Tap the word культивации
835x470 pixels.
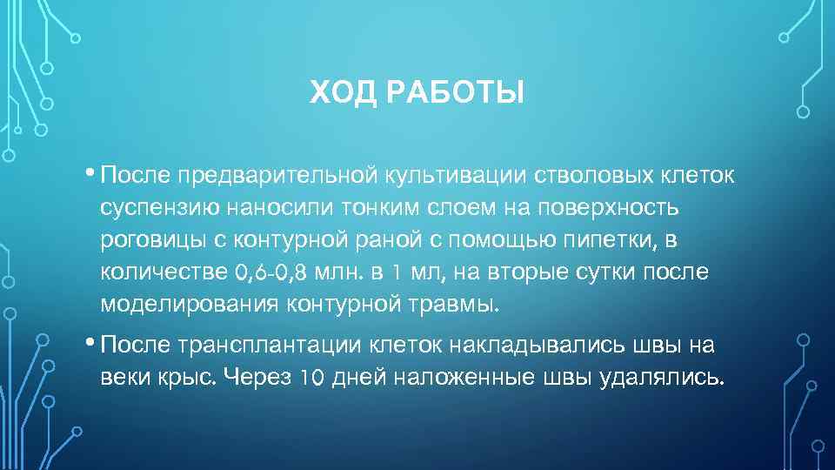coord(426,177)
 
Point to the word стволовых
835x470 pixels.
coord(551,177)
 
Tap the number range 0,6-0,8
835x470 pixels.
coord(271,273)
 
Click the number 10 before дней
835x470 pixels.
coord(311,379)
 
